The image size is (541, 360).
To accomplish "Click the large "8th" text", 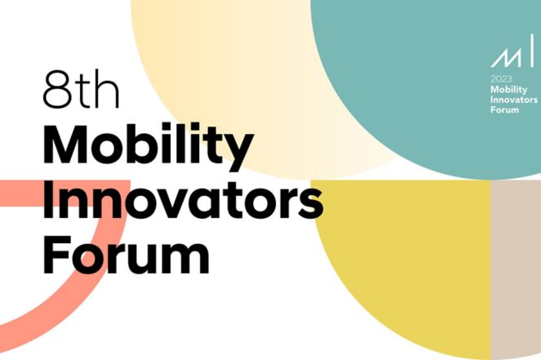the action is click(x=81, y=90).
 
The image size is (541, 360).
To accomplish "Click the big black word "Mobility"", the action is click(x=149, y=147).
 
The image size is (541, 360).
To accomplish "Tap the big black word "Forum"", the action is click(x=126, y=254).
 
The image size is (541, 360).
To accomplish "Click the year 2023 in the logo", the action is click(x=501, y=79).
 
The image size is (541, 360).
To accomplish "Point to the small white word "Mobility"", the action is click(x=509, y=90).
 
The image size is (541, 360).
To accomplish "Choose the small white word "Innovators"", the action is click(x=514, y=100).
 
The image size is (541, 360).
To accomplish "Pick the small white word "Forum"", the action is click(x=504, y=109).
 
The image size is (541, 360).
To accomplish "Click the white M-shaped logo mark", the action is click(x=506, y=58).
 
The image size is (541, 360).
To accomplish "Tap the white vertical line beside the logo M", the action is click(x=531, y=50).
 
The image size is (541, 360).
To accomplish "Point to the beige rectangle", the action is click(x=516, y=270).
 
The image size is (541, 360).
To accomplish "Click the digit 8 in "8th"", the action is click(x=57, y=90).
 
